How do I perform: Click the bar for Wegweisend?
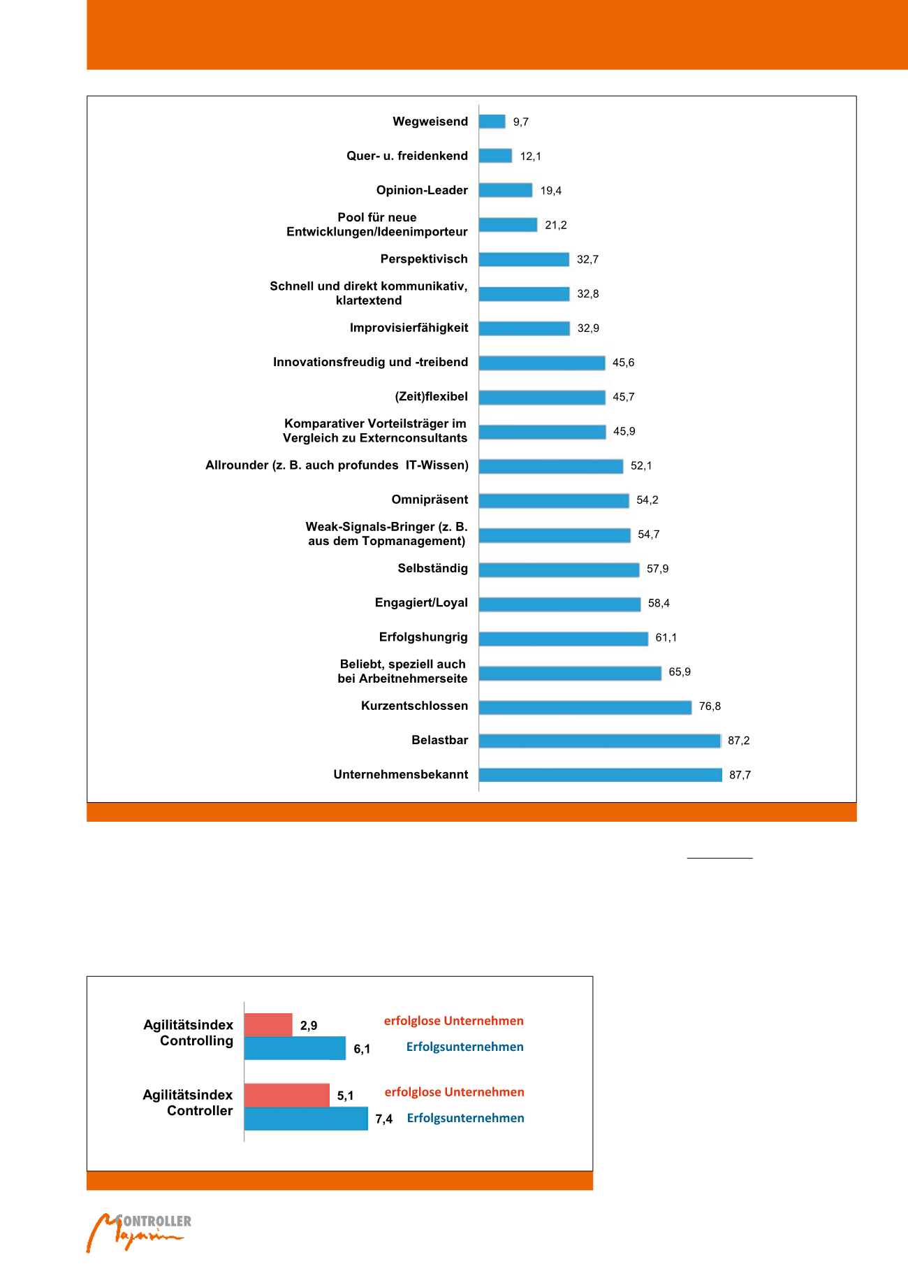pyautogui.click(x=492, y=122)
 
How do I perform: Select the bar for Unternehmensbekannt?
pyautogui.click(x=600, y=775)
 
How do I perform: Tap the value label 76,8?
pyautogui.click(x=710, y=706)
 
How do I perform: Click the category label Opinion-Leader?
pyautogui.click(x=422, y=190)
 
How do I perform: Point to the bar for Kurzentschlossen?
pyautogui.click(x=585, y=707)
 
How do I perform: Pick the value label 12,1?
pyautogui.click(x=530, y=157)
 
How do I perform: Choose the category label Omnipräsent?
pyautogui.click(x=430, y=500)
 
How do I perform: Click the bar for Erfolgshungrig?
pyautogui.click(x=563, y=638)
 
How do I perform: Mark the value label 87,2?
pyautogui.click(x=738, y=741)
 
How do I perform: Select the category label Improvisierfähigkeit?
pyautogui.click(x=409, y=328)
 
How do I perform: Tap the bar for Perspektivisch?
pyautogui.click(x=524, y=259)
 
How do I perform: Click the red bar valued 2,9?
pyautogui.click(x=268, y=1025)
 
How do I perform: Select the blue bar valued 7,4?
pyautogui.click(x=305, y=1118)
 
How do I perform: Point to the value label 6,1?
pyautogui.click(x=362, y=1049)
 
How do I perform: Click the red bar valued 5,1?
pyautogui.click(x=286, y=1095)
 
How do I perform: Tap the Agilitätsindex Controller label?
pyautogui.click(x=188, y=1103)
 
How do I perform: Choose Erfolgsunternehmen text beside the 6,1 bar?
pyautogui.click(x=464, y=1047)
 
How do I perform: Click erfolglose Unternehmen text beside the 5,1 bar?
pyautogui.click(x=454, y=1092)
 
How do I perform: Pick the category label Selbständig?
pyautogui.click(x=432, y=568)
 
